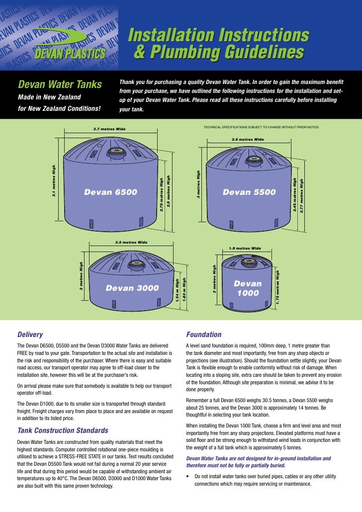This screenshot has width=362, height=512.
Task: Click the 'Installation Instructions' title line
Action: pyautogui.click(x=218, y=35)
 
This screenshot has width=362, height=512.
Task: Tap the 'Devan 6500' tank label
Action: pyautogui.click(x=111, y=192)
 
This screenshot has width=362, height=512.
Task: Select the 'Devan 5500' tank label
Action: pyautogui.click(x=249, y=192)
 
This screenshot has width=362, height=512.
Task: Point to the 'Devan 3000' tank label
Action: pyautogui.click(x=132, y=288)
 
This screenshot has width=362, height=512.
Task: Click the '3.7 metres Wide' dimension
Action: pyautogui.click(x=109, y=129)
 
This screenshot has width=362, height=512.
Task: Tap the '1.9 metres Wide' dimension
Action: pyautogui.click(x=245, y=248)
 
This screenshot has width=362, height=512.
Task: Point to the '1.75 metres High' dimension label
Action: pyautogui.click(x=277, y=287)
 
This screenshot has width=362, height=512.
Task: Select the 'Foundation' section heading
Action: pyautogui.click(x=203, y=335)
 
